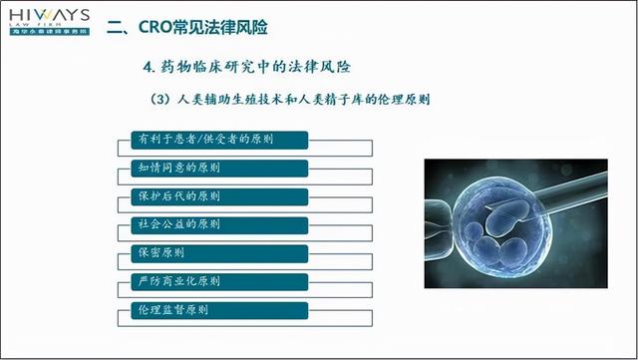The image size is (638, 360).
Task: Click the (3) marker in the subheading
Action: click(x=157, y=101)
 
